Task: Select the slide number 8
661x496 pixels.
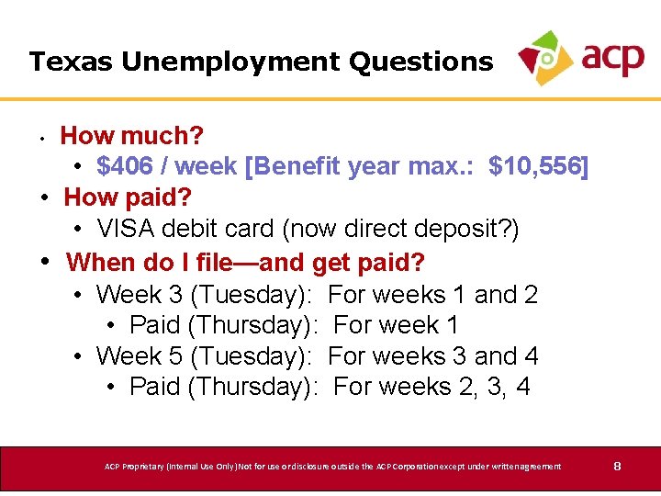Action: [618, 467]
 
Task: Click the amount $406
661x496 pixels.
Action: [126, 166]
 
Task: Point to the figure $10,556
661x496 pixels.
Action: [538, 166]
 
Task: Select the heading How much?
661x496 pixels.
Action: [132, 136]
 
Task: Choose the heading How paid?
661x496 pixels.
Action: [128, 197]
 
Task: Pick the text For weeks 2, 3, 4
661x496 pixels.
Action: [431, 387]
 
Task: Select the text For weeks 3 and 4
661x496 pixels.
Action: [432, 355]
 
